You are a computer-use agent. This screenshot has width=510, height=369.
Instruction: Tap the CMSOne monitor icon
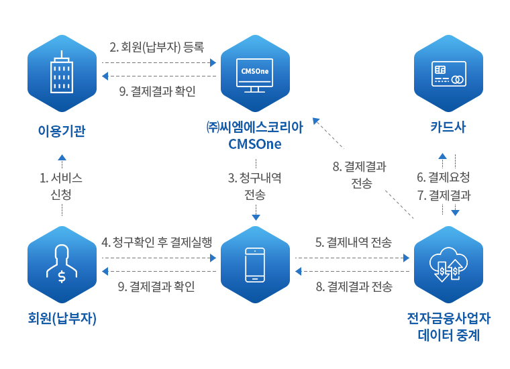(255, 75)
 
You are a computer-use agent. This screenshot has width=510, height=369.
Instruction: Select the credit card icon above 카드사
(448, 74)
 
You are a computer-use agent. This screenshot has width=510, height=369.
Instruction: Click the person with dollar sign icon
(62, 264)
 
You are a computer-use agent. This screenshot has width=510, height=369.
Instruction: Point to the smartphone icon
(255, 264)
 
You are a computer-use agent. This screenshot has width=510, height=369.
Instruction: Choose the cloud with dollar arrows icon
(448, 264)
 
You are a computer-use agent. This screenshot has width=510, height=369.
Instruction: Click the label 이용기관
(62, 131)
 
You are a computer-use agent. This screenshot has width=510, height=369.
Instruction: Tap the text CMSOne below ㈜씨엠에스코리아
(255, 144)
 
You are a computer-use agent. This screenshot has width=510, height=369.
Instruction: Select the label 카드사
(448, 127)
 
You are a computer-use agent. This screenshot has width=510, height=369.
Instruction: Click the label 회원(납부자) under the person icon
(62, 318)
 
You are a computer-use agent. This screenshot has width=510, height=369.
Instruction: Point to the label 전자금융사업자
(448, 318)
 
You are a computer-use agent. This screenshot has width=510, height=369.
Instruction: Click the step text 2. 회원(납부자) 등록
(157, 47)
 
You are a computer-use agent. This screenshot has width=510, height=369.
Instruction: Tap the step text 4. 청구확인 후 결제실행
(157, 242)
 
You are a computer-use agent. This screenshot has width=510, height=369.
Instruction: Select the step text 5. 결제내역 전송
(354, 242)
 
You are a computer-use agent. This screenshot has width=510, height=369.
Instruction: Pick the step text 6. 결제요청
(444, 177)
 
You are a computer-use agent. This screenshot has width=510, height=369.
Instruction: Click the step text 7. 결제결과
(444, 195)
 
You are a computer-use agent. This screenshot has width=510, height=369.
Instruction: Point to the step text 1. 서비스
(61, 178)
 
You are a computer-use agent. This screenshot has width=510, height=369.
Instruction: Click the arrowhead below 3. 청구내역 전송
(256, 217)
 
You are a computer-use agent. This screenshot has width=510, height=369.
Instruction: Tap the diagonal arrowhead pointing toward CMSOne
(316, 121)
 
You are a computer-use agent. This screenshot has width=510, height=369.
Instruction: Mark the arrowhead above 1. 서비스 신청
(62, 158)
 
